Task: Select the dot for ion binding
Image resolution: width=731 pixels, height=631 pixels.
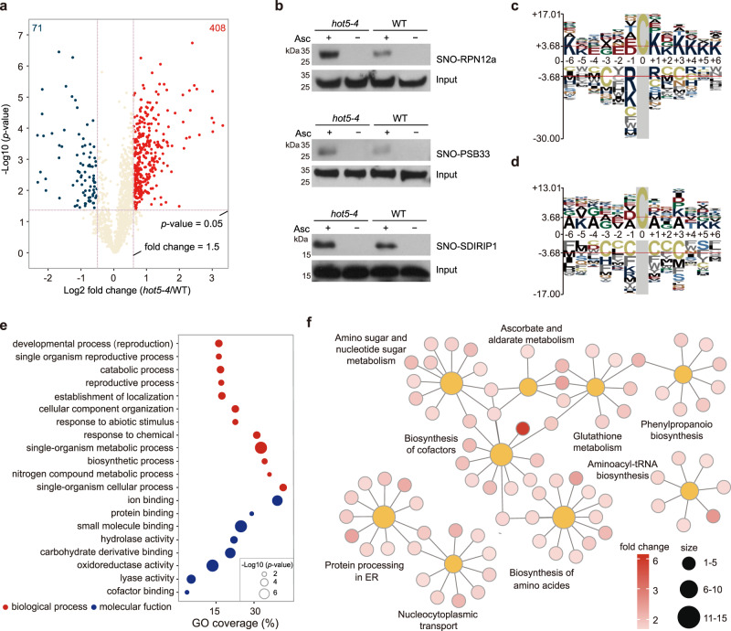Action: [x=277, y=500]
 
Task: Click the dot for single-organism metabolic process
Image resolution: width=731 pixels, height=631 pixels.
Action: [x=260, y=448]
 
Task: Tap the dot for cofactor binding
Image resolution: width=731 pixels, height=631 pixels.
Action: [x=187, y=593]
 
